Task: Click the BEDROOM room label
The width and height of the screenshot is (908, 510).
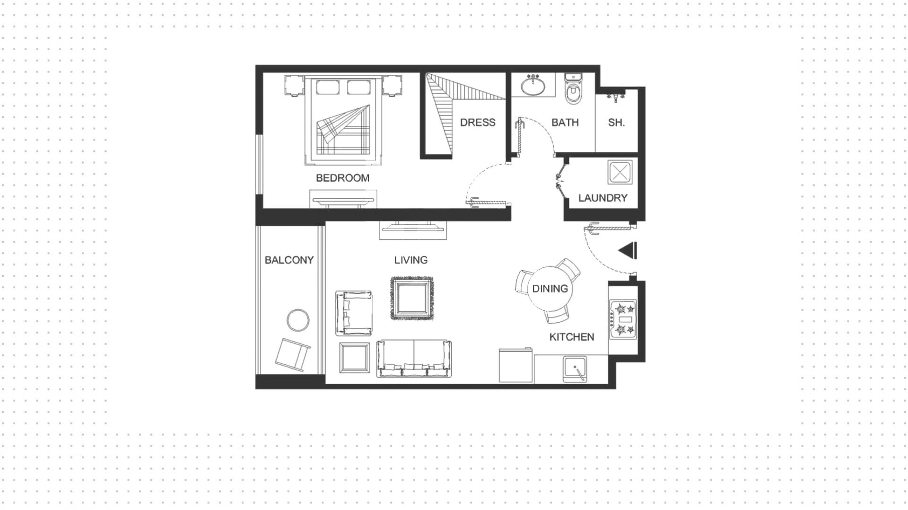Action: point(342,178)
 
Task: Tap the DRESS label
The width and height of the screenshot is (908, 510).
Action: point(478,123)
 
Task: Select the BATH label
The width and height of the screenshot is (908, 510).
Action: point(565,123)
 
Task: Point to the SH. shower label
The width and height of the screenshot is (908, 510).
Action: point(616,123)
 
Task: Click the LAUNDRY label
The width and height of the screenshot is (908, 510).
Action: point(602,198)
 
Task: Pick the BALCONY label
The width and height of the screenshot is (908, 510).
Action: point(289,260)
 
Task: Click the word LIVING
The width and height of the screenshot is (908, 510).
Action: point(411,260)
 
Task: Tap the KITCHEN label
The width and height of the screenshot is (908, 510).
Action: point(572,337)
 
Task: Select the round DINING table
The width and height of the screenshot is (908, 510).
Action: point(550,289)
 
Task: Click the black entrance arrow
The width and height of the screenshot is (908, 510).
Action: point(628,251)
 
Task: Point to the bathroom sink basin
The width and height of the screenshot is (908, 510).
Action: point(533,86)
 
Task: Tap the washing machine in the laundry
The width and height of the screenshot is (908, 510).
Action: point(620,172)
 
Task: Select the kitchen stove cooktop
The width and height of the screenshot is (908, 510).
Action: point(623,319)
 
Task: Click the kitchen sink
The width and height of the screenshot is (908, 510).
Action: point(575,369)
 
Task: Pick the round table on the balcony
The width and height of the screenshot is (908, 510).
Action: point(298,320)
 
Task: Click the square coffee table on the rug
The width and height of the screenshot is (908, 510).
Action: point(411,298)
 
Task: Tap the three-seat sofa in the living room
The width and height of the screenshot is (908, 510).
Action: point(414,359)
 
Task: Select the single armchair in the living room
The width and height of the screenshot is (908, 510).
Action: point(353,313)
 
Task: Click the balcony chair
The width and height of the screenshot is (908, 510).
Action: point(293,353)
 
